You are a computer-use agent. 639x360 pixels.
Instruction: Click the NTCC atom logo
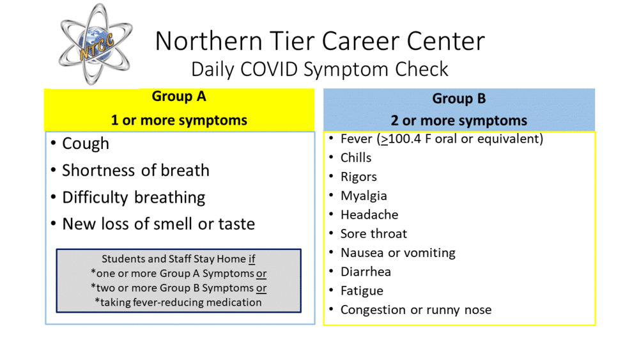coord(95,43)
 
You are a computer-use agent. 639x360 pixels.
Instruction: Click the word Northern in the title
coord(208,41)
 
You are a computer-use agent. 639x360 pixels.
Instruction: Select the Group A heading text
coord(179,96)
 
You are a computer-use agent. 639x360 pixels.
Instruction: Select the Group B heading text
coord(459,98)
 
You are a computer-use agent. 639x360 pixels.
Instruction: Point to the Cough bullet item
coord(86,143)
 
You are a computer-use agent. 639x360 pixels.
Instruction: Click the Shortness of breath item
coord(135,170)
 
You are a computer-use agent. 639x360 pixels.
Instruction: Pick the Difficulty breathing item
coord(134,198)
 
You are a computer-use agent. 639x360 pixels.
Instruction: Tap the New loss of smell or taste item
coord(158,224)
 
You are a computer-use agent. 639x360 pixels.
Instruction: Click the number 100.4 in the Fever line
coord(404,139)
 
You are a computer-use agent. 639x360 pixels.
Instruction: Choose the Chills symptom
coord(356,157)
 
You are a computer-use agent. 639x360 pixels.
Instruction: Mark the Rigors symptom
coord(358,177)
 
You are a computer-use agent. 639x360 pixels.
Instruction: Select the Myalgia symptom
coord(364,196)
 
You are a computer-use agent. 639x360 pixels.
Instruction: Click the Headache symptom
coord(369,214)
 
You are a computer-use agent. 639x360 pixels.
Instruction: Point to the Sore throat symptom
coord(374,233)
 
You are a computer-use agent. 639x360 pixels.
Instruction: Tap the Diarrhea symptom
coord(366,272)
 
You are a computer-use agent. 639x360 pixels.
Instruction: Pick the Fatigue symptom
coord(362,291)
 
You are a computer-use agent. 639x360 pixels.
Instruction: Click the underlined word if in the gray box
coord(252,259)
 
